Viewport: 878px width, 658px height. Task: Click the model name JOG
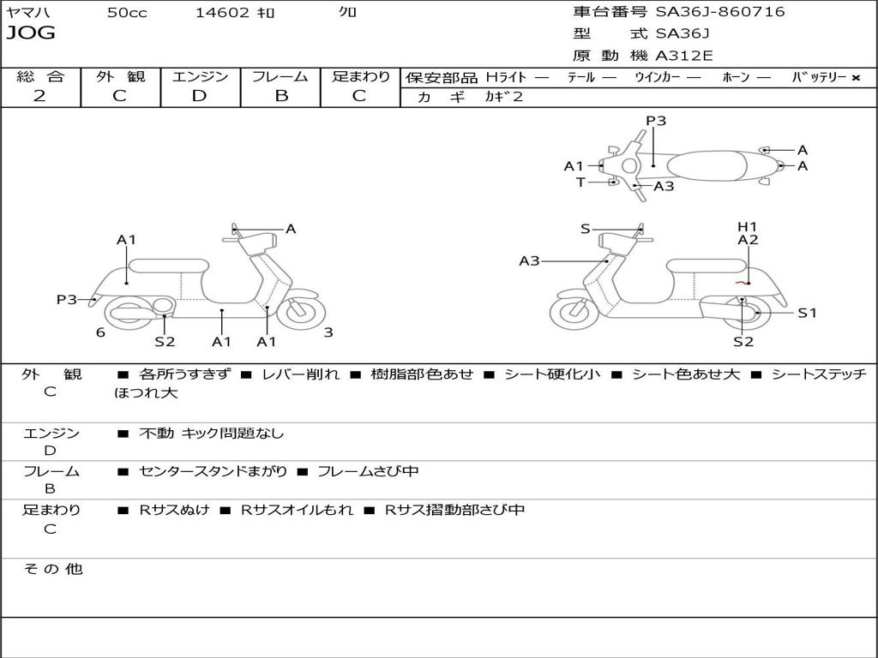(31, 33)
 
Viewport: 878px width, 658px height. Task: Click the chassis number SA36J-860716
(720, 12)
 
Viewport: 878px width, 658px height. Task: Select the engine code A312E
(683, 56)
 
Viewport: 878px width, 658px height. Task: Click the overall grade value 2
(39, 96)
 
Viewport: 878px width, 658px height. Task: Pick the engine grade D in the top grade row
(199, 96)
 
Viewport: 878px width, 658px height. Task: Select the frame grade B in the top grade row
(281, 96)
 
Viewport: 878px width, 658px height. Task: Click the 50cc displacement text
(127, 13)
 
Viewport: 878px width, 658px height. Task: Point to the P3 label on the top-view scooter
(656, 121)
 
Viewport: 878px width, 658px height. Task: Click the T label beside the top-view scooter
(580, 182)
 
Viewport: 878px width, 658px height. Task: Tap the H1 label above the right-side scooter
(747, 226)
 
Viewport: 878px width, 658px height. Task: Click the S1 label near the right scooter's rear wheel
(807, 314)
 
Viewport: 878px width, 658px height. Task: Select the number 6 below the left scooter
(100, 332)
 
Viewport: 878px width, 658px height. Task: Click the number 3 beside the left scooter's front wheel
(328, 332)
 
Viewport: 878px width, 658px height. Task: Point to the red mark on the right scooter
(742, 283)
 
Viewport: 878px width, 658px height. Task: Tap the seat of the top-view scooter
(707, 165)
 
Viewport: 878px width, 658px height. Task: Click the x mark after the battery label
(856, 78)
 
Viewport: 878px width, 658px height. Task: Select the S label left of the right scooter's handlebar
(585, 229)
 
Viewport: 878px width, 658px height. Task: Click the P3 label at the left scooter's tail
(67, 299)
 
